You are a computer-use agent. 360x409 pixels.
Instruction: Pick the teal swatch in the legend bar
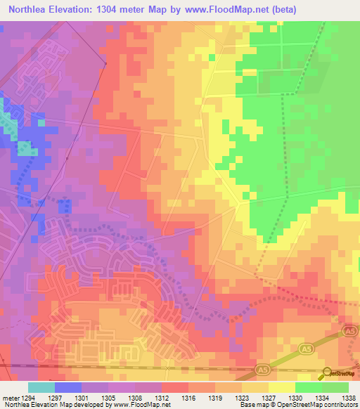pos(41,387)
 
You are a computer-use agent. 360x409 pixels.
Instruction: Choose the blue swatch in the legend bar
pos(67,387)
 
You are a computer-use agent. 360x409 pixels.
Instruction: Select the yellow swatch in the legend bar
pos(281,387)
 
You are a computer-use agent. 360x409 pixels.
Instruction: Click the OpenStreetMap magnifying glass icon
pos(328,372)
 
